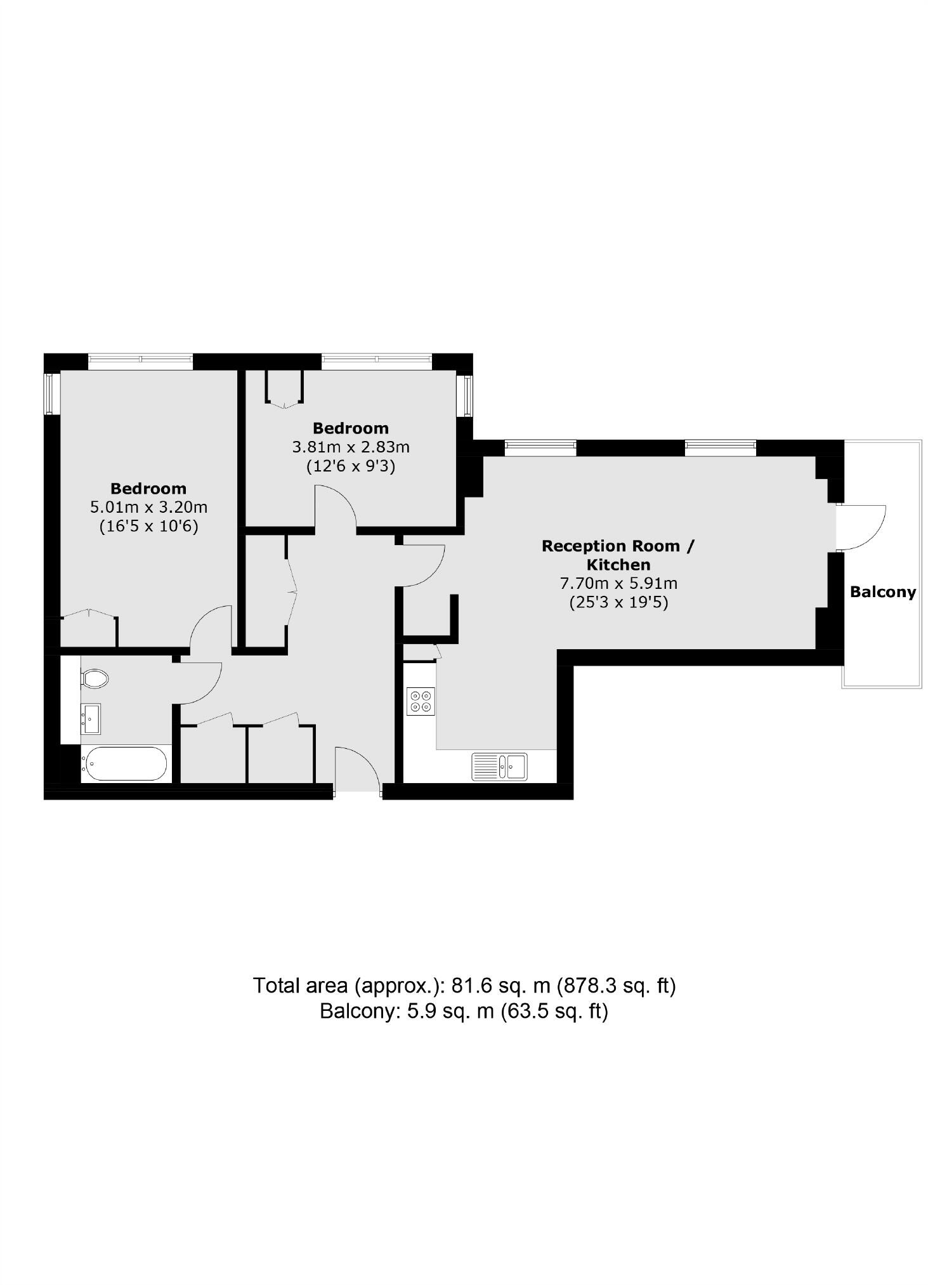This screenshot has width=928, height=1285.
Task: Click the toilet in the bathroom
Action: pos(96,678)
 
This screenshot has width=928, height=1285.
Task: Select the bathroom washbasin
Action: pos(90,719)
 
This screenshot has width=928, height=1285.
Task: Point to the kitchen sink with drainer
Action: pos(499,766)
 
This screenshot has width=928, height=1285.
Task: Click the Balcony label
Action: pos(882,592)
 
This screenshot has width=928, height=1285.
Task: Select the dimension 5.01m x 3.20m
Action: pos(149,507)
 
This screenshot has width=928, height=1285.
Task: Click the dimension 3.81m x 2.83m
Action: pos(350,447)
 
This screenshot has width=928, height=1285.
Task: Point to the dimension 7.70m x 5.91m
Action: pos(618,583)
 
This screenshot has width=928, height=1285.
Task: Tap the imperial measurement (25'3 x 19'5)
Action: pos(618,602)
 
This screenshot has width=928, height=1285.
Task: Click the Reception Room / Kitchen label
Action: pos(618,555)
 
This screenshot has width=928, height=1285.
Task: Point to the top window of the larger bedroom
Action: pos(140,361)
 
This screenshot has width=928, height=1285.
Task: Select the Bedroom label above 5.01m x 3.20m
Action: pos(148,488)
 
